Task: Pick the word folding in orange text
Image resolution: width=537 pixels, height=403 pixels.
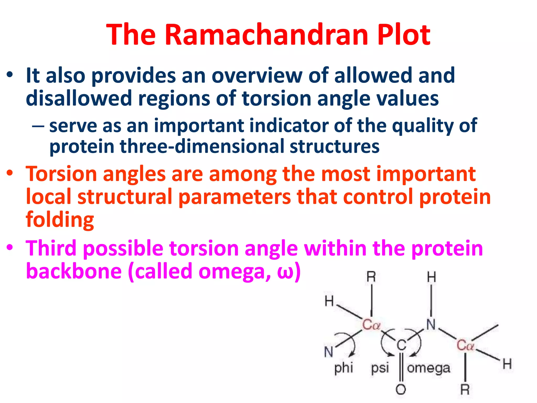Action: (x=60, y=220)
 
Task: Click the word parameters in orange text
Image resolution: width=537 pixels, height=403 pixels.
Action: (x=235, y=197)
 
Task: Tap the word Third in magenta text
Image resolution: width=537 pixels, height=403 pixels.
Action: (x=51, y=248)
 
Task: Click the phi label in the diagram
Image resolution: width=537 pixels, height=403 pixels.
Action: (x=343, y=368)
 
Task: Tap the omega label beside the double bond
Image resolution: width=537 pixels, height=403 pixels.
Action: (x=428, y=368)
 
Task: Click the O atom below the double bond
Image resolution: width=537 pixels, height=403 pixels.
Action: (x=401, y=389)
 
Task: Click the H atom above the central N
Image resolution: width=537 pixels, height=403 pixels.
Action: (x=431, y=277)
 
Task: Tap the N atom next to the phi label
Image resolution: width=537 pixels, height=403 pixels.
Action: (x=329, y=352)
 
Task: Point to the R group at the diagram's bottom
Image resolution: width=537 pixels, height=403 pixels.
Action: (x=465, y=389)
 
